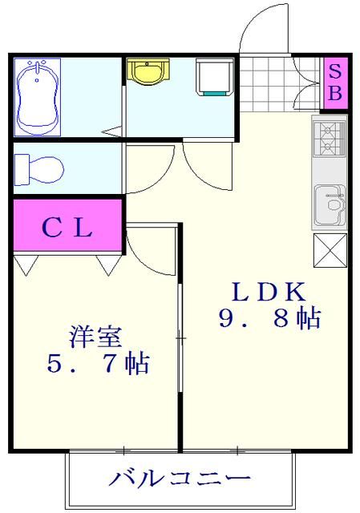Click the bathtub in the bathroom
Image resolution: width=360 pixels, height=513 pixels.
(x=38, y=96)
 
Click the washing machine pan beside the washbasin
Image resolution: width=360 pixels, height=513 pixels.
(x=215, y=76)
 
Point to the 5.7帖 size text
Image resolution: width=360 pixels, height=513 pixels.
(x=96, y=365)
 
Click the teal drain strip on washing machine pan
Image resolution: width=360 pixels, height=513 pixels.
(x=215, y=93)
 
